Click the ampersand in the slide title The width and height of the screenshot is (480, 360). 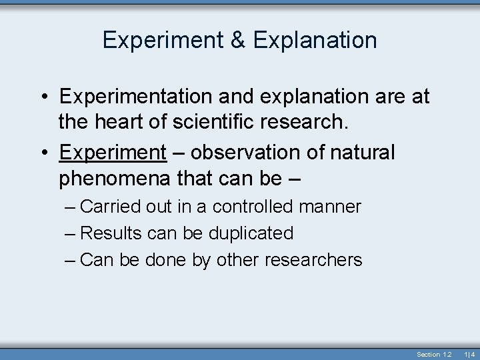pos(238,41)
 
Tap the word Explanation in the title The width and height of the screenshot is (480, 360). pos(315,41)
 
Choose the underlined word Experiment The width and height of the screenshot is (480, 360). pos(113,153)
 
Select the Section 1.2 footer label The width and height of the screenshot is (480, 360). pos(434,354)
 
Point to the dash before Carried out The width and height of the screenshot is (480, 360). pos(71,207)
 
